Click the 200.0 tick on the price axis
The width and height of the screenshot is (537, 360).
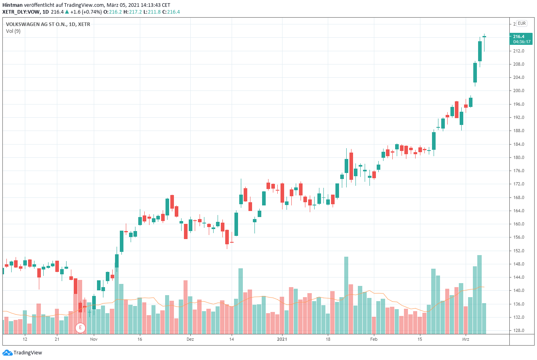coord(519,91)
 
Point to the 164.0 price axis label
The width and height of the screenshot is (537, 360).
coord(519,211)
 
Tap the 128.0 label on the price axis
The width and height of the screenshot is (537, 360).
coord(519,330)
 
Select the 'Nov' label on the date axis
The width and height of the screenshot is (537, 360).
coord(94,339)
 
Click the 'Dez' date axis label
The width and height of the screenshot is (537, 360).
coord(190,339)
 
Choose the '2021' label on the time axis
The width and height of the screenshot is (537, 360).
coord(282,339)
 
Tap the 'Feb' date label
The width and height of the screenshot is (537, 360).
coord(373,339)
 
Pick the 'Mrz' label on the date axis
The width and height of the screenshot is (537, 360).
coord(465,339)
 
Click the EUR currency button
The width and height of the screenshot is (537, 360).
coord(521,23)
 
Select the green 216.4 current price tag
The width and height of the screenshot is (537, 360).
coord(519,36)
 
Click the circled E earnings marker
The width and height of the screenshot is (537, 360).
coord(81,328)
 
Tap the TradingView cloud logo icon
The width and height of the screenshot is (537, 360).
coord(7,353)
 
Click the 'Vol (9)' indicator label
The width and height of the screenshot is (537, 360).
coord(13,31)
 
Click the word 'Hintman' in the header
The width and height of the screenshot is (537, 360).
coord(12,5)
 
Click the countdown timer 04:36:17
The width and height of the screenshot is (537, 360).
coord(522,42)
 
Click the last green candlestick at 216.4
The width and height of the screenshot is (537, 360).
coord(484,36)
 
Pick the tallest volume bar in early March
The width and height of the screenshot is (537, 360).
coord(479,294)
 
